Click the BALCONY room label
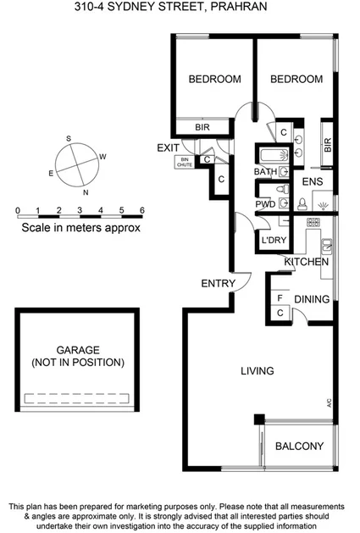pyautogui.click(x=299, y=447)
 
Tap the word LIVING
pyautogui.click(x=257, y=371)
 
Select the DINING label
pyautogui.click(x=312, y=299)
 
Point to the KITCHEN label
pyautogui.click(x=307, y=263)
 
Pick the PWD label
pyautogui.click(x=264, y=204)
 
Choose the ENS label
pyautogui.click(x=313, y=181)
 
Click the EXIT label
pyautogui.click(x=169, y=148)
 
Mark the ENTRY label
pyautogui.click(x=217, y=283)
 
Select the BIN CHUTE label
pyautogui.click(x=185, y=162)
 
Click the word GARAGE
pyautogui.click(x=78, y=349)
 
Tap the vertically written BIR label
pyautogui.click(x=328, y=146)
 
